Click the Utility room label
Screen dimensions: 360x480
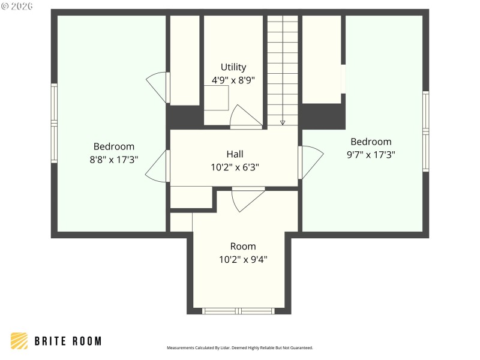point(233,67)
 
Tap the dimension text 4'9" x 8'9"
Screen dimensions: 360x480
point(233,80)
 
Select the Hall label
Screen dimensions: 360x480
point(235,154)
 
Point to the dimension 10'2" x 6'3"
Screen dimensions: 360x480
point(235,167)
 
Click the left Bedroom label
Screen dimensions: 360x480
point(114,146)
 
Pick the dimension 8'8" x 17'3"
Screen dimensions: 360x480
point(114,160)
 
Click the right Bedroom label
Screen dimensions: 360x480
point(371,142)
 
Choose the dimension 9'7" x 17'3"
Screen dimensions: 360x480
point(371,154)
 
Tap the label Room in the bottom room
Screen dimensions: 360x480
point(243,246)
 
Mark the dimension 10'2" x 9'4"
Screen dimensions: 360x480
point(243,259)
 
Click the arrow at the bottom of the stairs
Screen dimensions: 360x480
point(283,122)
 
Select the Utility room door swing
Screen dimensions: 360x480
point(244,118)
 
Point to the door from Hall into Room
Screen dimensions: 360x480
point(246,199)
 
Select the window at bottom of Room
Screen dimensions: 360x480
point(239,311)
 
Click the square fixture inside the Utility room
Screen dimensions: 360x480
point(217,98)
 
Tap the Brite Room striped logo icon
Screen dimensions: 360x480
point(19,341)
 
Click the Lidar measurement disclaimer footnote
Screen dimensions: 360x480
point(239,348)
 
